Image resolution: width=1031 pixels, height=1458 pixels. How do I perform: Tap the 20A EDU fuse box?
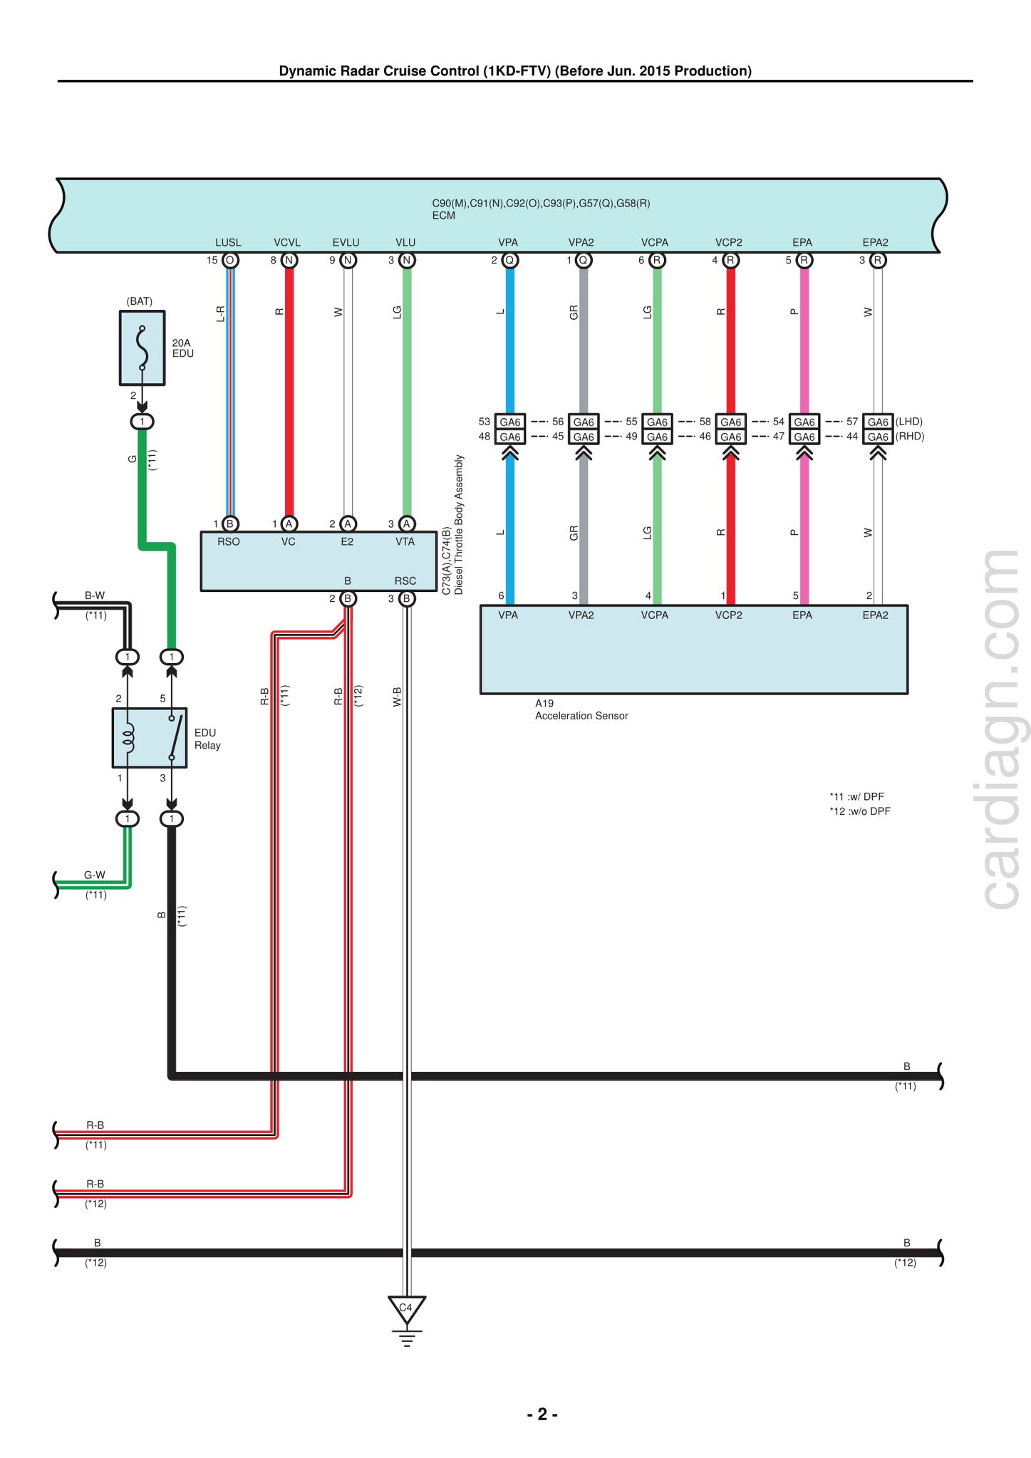pyautogui.click(x=143, y=348)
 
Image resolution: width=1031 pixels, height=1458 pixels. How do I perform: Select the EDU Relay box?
pyautogui.click(x=150, y=738)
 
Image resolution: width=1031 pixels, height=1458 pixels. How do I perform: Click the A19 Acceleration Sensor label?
pyautogui.click(x=581, y=709)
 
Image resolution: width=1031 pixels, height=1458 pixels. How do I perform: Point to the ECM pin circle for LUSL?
pyautogui.click(x=230, y=260)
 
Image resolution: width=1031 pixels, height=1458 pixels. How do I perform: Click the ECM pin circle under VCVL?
pyautogui.click(x=289, y=260)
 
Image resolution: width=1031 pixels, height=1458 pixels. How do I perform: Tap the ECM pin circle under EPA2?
pyautogui.click(x=878, y=260)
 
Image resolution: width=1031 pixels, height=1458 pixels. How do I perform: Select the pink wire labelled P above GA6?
pyautogui.click(x=804, y=340)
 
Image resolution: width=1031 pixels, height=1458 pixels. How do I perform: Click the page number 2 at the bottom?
pyautogui.click(x=542, y=1414)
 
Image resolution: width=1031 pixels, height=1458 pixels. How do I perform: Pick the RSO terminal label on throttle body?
pyautogui.click(x=229, y=542)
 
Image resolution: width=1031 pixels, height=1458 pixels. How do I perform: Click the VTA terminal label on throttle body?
pyautogui.click(x=405, y=542)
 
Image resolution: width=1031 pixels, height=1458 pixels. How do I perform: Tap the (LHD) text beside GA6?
pyautogui.click(x=909, y=422)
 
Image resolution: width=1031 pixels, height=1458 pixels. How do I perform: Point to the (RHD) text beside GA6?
pyautogui.click(x=910, y=437)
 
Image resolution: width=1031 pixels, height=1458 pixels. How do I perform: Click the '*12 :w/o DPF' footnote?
pyautogui.click(x=860, y=811)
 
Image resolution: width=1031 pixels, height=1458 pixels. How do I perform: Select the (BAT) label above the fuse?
pyautogui.click(x=140, y=301)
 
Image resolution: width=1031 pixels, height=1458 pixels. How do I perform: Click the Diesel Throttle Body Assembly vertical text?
pyautogui.click(x=459, y=525)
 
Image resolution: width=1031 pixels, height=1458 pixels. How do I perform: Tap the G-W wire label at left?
pyautogui.click(x=95, y=875)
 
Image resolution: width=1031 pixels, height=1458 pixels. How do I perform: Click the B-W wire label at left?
pyautogui.click(x=95, y=595)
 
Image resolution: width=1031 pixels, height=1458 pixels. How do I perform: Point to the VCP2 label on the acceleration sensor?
pyautogui.click(x=729, y=615)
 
